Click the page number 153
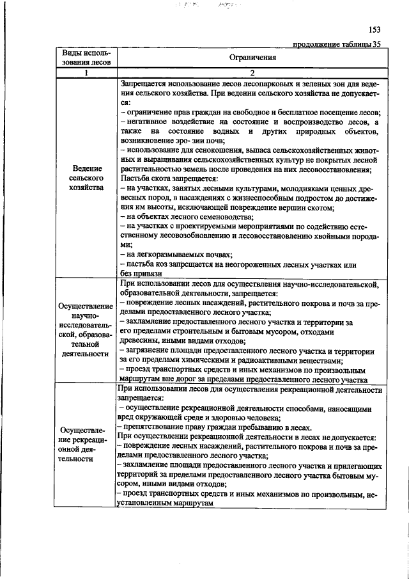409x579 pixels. pos(374,29)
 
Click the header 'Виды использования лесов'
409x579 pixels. pos(86,58)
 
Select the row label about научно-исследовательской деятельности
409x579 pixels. pos(86,329)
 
